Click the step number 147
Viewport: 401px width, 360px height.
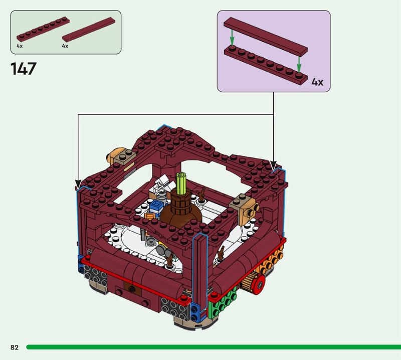click(x=23, y=69)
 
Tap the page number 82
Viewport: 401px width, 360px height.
click(x=15, y=347)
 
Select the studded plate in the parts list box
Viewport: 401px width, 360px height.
click(x=43, y=29)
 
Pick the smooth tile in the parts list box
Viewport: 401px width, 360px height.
click(x=89, y=30)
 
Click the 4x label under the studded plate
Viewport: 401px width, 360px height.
click(x=20, y=46)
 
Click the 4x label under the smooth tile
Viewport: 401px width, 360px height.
click(x=65, y=46)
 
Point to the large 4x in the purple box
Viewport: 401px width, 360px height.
click(x=317, y=82)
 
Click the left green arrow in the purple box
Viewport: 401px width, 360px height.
click(x=232, y=38)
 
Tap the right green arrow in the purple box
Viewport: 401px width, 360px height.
click(x=299, y=64)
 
